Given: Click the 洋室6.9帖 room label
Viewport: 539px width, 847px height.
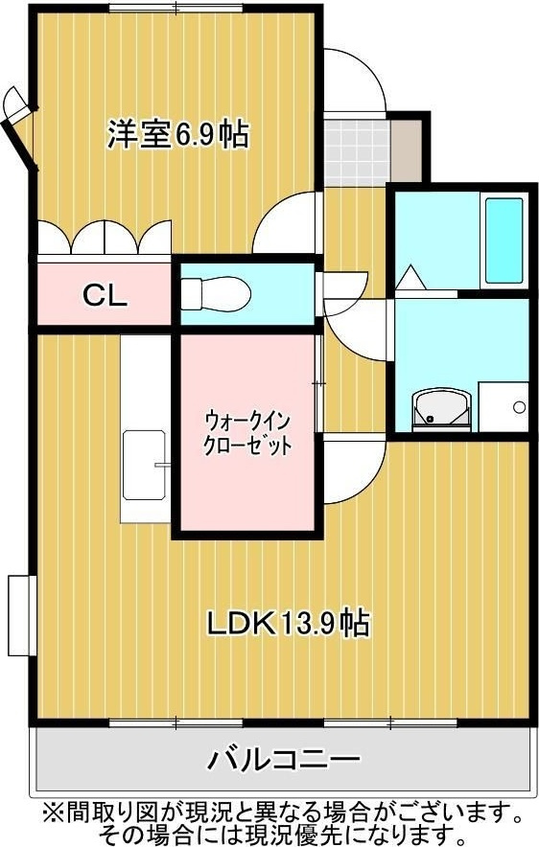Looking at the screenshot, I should tap(177, 135).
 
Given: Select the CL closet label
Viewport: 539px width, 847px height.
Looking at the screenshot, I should tap(104, 295).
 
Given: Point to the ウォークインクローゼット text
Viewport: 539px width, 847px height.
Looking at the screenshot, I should tap(247, 433).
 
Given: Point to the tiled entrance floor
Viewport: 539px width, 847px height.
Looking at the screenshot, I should tap(355, 149).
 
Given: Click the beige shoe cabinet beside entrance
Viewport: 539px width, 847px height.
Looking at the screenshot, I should tap(407, 149).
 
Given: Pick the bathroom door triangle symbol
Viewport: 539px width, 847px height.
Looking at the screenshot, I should tap(412, 278).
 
